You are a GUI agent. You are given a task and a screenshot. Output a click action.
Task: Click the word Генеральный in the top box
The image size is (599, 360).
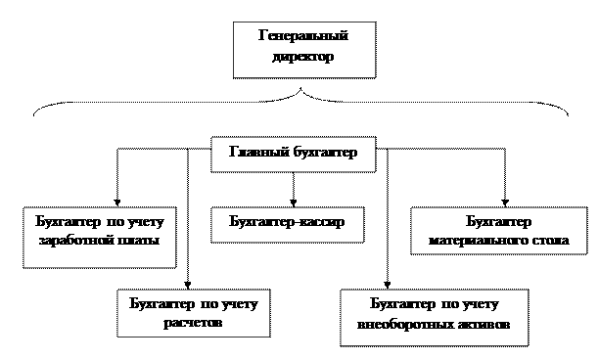pos(303,35)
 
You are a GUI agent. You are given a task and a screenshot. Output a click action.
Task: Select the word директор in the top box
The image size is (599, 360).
pos(303,57)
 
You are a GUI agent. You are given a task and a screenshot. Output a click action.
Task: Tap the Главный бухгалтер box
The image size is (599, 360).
pos(294,155)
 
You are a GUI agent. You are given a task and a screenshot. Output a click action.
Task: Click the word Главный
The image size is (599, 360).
pos(259,152)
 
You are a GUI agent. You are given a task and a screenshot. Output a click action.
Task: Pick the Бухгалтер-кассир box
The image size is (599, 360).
pos(288,225)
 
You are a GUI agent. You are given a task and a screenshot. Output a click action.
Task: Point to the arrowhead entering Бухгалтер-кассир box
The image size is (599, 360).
pos(294,202)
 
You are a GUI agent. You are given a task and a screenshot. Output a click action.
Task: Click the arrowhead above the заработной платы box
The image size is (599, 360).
pos(117,202)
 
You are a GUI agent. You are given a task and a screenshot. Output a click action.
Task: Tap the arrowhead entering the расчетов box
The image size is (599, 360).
pos(187,286)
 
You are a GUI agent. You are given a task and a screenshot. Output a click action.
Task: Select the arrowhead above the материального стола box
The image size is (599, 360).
pos(505,202)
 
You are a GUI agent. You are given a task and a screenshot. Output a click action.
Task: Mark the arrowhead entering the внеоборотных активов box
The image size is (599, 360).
pos(387,286)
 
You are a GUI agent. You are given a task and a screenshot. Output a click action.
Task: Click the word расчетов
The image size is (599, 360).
pos(193,323)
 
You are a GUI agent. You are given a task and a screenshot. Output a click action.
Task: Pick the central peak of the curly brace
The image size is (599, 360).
pos(301,88)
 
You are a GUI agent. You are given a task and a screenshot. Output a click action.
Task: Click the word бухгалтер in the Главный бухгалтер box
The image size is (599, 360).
pos(326,152)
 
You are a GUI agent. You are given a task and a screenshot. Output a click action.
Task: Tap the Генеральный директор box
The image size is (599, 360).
pos(304,50)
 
